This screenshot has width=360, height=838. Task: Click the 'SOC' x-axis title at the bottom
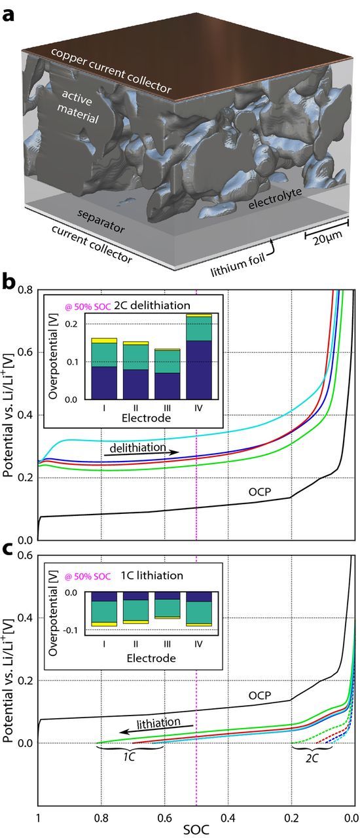196,828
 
